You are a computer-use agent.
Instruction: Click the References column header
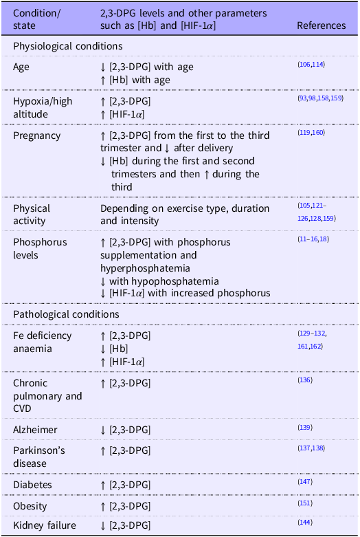[321, 25]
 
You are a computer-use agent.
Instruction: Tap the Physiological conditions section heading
[68, 47]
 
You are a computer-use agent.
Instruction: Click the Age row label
[22, 67]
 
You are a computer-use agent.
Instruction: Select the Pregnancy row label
[37, 135]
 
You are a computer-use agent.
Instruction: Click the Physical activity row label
[32, 215]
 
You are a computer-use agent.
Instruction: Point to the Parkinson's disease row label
[40, 456]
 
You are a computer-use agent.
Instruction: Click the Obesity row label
[30, 506]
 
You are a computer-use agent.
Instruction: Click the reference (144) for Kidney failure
[305, 523]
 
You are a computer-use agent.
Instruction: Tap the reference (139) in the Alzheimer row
[305, 428]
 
